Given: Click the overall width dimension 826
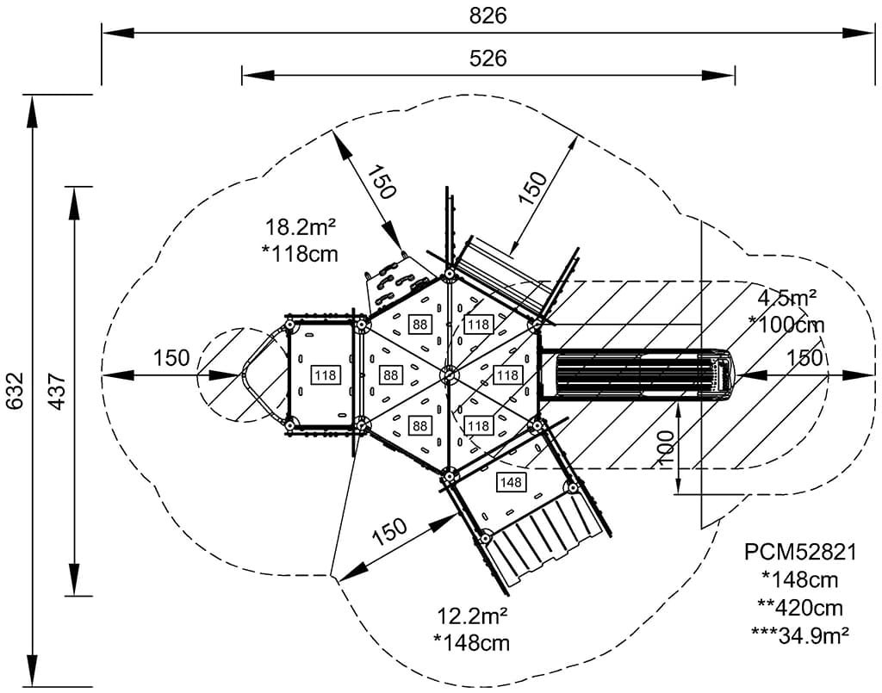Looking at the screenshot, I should point(488,15).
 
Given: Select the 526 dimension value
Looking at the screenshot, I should point(488,59).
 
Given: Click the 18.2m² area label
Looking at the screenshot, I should point(300,228).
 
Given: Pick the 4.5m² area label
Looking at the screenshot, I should point(786,299).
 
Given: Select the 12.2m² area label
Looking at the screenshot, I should point(472,616).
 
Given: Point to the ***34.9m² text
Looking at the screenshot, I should point(800,635).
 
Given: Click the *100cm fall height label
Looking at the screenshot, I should point(786,325).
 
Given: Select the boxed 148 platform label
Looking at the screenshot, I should point(511,482).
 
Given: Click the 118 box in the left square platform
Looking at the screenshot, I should point(326,375).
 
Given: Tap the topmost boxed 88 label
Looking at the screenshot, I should point(420,325).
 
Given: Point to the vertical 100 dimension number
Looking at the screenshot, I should point(666,449).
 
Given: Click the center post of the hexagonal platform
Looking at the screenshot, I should point(449,374).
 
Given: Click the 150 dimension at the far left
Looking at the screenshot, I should point(171,358).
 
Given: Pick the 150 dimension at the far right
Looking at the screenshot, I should point(804,358).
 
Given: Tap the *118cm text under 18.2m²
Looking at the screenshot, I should point(300,254).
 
